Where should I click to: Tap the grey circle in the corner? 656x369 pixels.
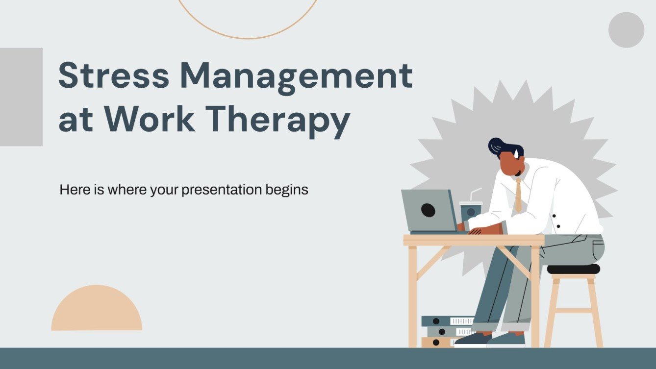pyautogui.click(x=626, y=30)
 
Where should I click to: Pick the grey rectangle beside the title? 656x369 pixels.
pyautogui.click(x=21, y=97)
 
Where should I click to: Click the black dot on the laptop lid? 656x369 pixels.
pyautogui.click(x=428, y=210)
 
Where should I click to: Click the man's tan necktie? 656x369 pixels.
pyautogui.click(x=518, y=196)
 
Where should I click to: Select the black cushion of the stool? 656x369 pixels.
pyautogui.click(x=573, y=269)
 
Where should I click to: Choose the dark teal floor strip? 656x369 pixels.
pyautogui.click(x=328, y=358)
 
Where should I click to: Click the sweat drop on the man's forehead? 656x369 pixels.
pyautogui.click(x=516, y=154)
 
